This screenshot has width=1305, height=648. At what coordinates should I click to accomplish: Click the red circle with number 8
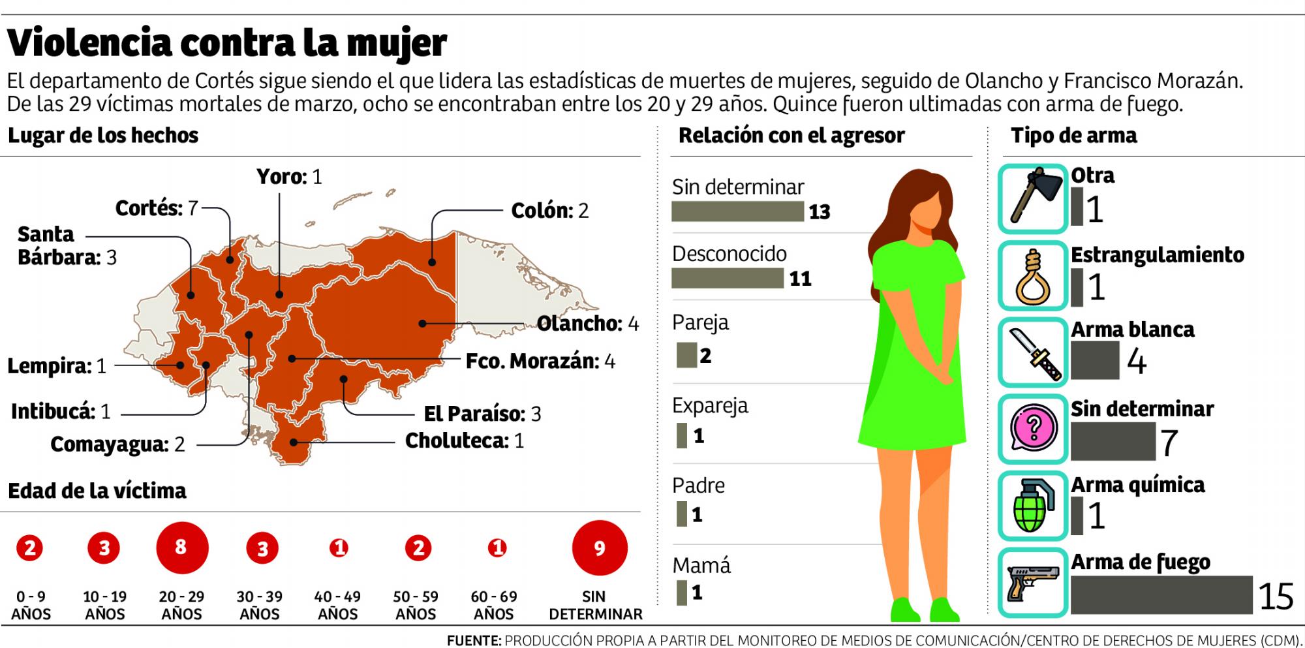[x=182, y=548]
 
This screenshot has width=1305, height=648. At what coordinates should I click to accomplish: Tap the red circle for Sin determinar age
[x=599, y=548]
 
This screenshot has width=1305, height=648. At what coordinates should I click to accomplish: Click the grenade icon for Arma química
[x=1032, y=506]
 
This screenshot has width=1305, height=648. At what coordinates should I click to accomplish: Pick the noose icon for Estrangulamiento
[x=1032, y=276]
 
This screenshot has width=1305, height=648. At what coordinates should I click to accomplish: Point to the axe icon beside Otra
[x=1032, y=198]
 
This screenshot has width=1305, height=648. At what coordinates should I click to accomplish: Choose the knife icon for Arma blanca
[x=1032, y=353]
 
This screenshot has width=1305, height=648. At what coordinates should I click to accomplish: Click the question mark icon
[x=1032, y=429]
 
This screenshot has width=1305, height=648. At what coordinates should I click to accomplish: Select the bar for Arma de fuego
[x=1161, y=594]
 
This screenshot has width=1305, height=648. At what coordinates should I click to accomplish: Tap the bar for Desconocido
[x=727, y=278]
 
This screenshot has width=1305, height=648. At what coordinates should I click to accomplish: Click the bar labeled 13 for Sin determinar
[x=737, y=211]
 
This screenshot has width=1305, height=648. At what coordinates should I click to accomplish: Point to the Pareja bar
[x=686, y=355]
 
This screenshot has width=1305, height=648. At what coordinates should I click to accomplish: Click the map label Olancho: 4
[x=587, y=324]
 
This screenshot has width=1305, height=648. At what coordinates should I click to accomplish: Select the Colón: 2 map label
[x=549, y=211]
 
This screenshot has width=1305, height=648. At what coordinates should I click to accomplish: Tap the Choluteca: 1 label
[x=464, y=441]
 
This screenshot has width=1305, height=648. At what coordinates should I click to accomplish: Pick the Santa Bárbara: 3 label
[x=65, y=246]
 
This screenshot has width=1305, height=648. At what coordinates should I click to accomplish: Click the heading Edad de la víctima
[x=97, y=491]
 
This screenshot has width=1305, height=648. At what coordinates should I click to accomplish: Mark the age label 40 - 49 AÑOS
[x=337, y=605]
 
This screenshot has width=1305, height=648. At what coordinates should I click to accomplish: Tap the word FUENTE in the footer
[x=473, y=641]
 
